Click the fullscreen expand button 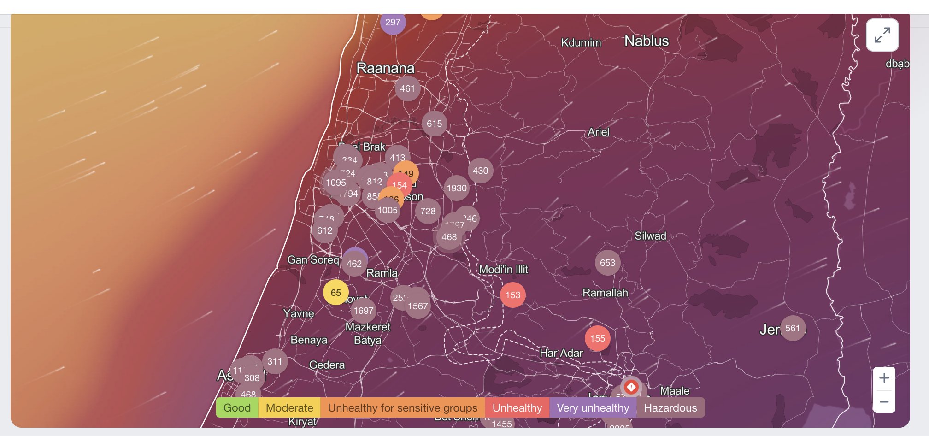point(882,35)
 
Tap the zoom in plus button point(884,378)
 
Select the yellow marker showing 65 point(335,292)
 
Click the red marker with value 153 point(512,295)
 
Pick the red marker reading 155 point(597,338)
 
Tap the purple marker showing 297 point(393,22)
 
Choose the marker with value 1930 point(456,188)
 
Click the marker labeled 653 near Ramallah point(607,263)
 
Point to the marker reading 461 point(407,88)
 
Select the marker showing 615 point(434,124)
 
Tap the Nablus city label point(646,41)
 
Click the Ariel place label point(598,132)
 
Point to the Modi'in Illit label point(503,270)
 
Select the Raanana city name point(385,68)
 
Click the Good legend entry point(237,408)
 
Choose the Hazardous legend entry point(670,408)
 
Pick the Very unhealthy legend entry point(593,408)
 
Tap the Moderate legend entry point(289,408)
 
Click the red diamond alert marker point(631,387)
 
